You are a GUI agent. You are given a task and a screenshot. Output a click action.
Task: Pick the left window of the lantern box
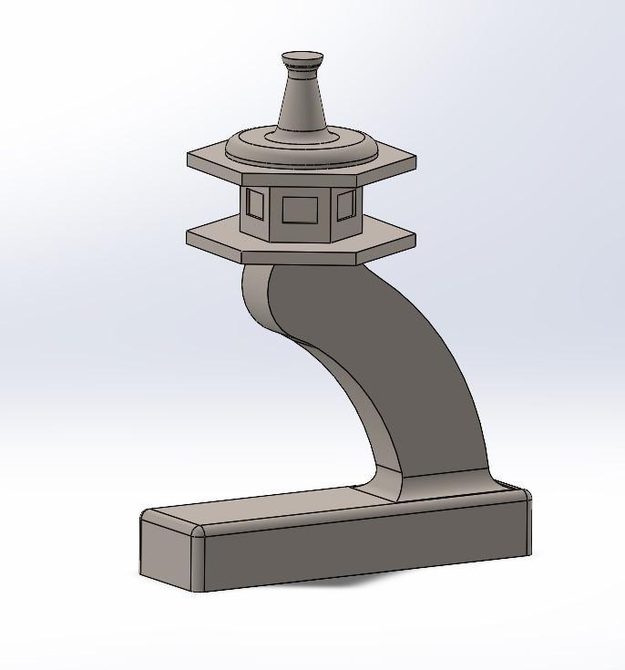pos(255,204)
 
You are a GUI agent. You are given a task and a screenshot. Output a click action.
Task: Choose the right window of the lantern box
pos(345,205)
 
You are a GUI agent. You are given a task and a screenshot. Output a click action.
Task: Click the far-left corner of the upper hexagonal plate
pos(190,160)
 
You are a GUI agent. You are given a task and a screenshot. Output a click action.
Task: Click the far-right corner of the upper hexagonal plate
pos(415,161)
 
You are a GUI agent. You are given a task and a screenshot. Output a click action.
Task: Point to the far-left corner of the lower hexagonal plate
pos(189,237)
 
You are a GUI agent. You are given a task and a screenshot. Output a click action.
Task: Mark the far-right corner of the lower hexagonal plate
pos(415,239)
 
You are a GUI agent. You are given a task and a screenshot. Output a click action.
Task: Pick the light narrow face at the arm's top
pos(258,292)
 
